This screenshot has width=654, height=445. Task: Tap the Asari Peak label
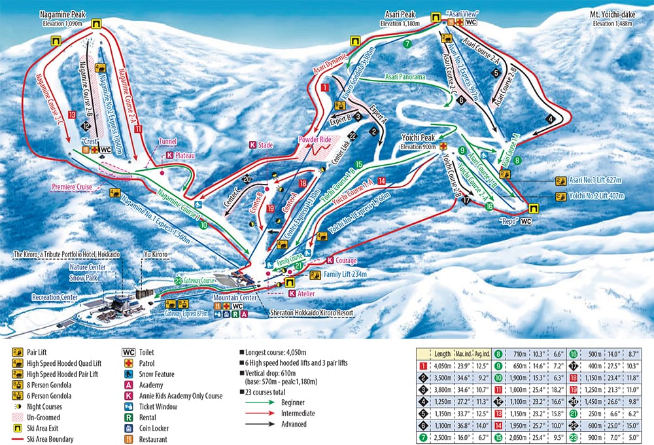[x=399, y=15]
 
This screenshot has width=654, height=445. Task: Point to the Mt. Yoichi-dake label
[x=615, y=15]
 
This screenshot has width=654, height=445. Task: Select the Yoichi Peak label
[x=418, y=139]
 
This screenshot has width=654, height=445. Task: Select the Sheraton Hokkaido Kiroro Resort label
[x=311, y=313]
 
